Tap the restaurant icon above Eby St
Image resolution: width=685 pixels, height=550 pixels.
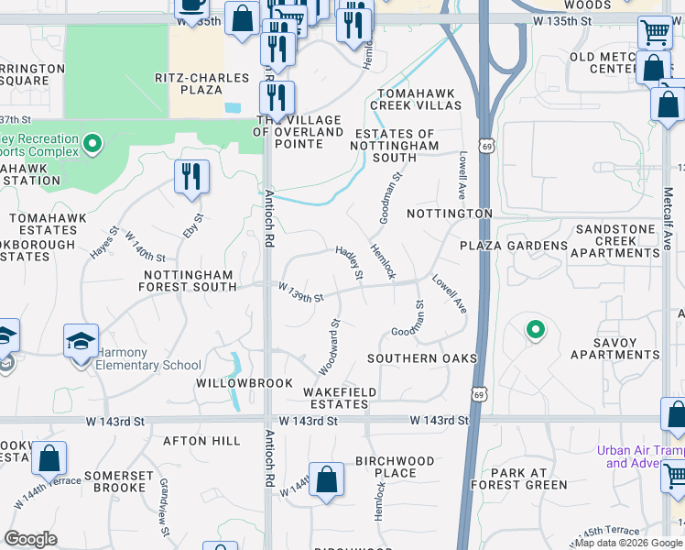pos(191,176)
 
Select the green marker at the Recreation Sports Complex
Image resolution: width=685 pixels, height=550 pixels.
pos(92,144)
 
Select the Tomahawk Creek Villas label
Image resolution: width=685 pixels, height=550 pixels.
pos(416,99)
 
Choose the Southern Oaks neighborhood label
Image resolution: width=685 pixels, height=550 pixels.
pos(422,357)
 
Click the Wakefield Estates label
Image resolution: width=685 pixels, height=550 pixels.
pos(339,398)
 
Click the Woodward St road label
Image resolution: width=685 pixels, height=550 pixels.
pos(329,346)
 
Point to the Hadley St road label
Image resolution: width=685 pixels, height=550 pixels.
pos(349,263)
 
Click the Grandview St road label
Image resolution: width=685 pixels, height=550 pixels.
pos(165,494)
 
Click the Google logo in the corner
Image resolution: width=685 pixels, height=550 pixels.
pos(31,539)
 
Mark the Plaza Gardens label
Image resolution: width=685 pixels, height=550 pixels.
pos(514,246)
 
